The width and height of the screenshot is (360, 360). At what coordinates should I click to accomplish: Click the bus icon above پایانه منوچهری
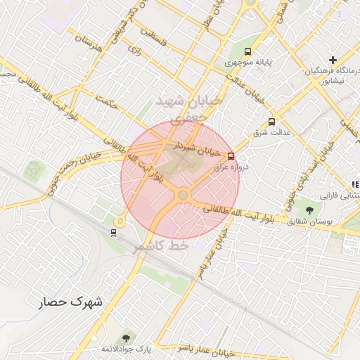click(x=247, y=51)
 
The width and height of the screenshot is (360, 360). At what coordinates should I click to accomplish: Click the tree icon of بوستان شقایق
click(x=310, y=210)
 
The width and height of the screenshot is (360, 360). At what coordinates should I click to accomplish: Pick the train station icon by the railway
click(x=112, y=232)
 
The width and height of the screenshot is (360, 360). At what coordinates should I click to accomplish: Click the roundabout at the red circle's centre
click(x=183, y=195)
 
